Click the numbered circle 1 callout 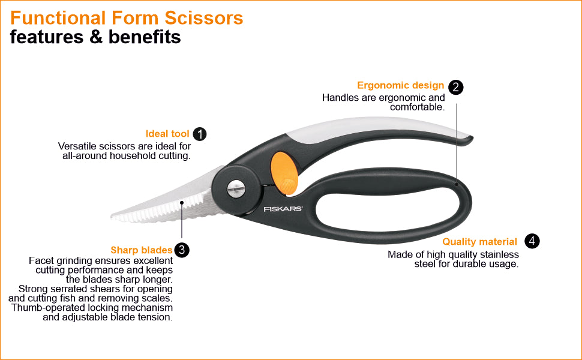point(200,134)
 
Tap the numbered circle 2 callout point(456,87)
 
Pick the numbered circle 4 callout point(532,241)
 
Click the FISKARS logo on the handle point(283,209)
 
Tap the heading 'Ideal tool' point(167,134)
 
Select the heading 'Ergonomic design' point(401,86)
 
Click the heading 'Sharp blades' point(142,250)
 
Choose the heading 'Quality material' point(479,242)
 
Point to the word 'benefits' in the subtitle point(146,37)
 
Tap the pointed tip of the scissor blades point(113,214)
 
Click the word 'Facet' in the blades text point(40,260)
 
